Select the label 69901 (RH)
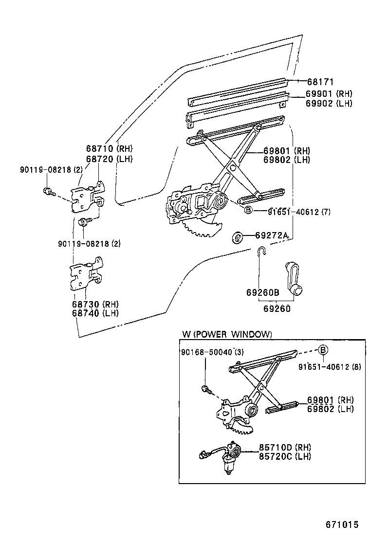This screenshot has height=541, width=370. coord(329,93)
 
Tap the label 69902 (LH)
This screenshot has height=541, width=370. coord(329,103)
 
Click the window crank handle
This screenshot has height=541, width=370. coord(293,277)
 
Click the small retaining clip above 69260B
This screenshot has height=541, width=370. coord(261,252)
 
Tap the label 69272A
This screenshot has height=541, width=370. coord(271,236)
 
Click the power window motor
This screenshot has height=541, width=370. coord(228,457)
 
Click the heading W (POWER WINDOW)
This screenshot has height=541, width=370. coord(226,334)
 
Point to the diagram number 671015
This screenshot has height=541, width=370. coord(342,524)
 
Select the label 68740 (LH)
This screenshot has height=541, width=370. coord(95,313)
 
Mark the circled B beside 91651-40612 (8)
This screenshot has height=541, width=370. coord(324,350)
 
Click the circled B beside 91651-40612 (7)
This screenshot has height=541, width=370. coord(247,210)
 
